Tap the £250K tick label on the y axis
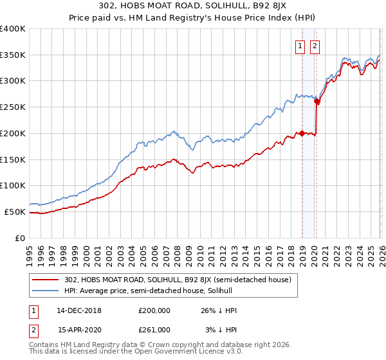coord(13,107)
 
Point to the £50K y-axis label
coord(15,212)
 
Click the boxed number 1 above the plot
coord(300,46)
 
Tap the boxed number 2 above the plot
coord(315,46)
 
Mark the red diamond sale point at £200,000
coord(301,134)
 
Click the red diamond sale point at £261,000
coord(317,102)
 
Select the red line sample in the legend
coord(46,280)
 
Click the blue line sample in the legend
coord(46,291)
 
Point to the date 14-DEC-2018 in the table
coord(79,310)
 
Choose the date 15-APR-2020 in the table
coord(79,329)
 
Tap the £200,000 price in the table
coord(154,310)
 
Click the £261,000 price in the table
coord(154,329)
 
